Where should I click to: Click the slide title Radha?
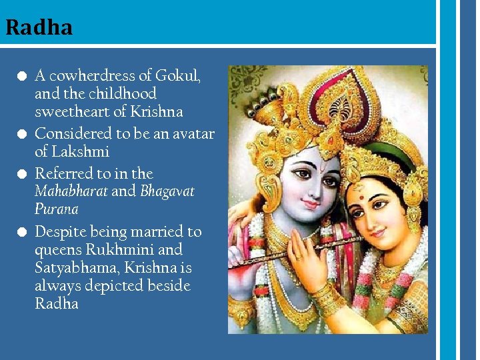pyautogui.click(x=39, y=27)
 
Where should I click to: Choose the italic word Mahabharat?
pyautogui.click(x=71, y=191)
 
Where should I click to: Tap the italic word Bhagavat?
pyautogui.click(x=167, y=191)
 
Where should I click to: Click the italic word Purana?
pyautogui.click(x=57, y=209)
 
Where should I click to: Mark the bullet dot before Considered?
pyautogui.click(x=22, y=134)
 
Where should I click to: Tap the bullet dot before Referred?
pyautogui.click(x=22, y=174)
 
